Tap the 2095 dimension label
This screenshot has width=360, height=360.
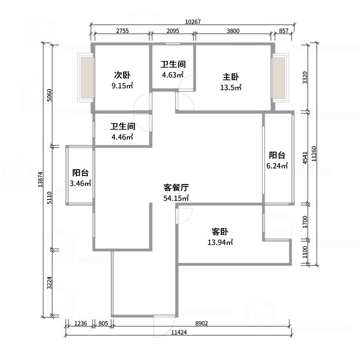tap(172, 31)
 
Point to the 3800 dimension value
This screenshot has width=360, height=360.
tap(233, 31)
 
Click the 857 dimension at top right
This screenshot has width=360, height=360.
tap(284, 31)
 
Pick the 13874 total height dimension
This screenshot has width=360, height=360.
tap(40, 180)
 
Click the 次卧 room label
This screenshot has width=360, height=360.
tap(122, 75)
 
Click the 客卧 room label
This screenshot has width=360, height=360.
tap(220, 232)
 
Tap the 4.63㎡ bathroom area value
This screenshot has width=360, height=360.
tap(173, 75)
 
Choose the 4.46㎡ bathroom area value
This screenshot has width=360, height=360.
tap(122, 137)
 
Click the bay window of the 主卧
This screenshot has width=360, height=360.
tap(279, 77)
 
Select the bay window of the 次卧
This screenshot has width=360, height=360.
tap(87, 77)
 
